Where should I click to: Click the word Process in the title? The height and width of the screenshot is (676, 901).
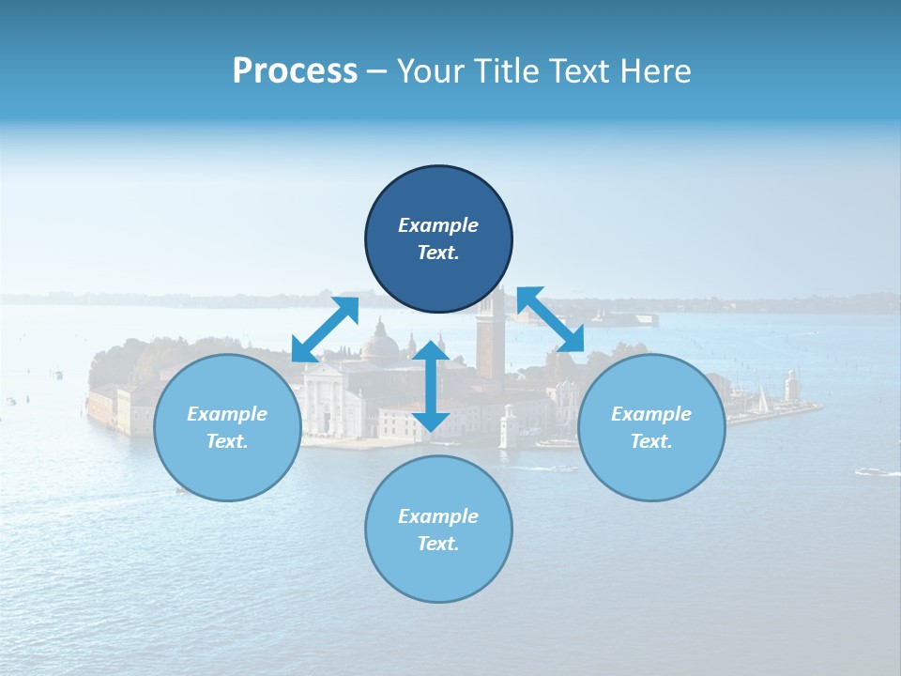tap(295, 71)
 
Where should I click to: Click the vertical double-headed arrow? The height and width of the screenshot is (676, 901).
tap(431, 387)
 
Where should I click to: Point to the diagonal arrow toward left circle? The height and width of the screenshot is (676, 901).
tap(326, 330)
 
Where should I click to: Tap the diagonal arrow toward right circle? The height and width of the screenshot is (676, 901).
tap(550, 319)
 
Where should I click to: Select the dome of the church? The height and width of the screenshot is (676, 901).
tap(380, 344)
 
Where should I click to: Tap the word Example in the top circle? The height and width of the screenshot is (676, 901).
tap(438, 225)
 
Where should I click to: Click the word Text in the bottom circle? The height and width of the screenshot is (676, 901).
tap(437, 544)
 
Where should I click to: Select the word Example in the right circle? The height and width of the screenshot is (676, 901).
tap(651, 414)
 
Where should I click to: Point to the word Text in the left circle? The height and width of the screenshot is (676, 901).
tap(227, 441)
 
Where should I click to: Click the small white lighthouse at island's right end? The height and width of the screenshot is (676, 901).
tap(790, 385)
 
